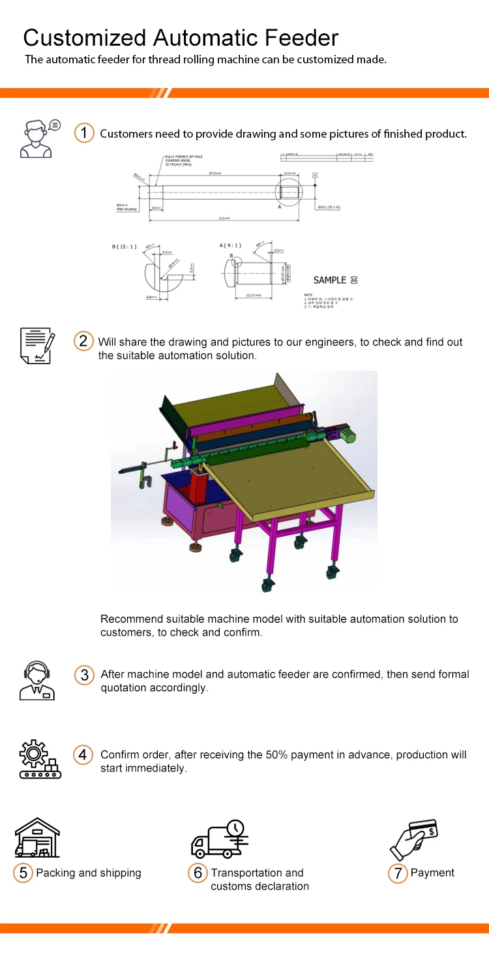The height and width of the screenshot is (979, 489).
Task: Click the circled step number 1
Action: point(84,133)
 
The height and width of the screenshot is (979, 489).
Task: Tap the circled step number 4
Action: point(83,755)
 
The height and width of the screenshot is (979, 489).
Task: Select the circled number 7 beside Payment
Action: point(397,873)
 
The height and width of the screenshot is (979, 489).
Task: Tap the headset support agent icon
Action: point(37,679)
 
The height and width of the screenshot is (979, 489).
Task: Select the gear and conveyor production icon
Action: point(40,759)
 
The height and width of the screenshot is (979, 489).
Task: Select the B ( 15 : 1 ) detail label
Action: point(125,246)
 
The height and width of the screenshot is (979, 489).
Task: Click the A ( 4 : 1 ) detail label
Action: point(230,245)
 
